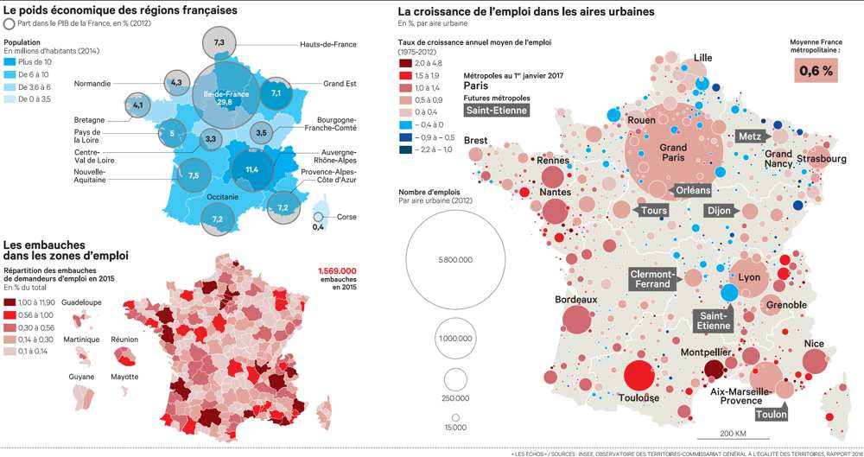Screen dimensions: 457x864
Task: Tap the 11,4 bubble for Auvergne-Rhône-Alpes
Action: [252, 169]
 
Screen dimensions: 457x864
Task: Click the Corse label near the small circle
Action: [346, 217]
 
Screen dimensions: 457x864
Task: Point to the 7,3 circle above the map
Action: [219, 42]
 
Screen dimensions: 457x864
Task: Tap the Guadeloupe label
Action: [81, 302]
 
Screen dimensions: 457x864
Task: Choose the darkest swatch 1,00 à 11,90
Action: [10, 302]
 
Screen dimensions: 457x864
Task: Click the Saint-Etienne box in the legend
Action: [496, 110]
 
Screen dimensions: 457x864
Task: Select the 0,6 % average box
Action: [816, 72]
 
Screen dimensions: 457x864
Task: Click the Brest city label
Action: [476, 140]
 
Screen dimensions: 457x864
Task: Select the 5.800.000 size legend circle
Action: [455, 258]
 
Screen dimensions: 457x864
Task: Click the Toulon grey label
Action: [772, 414]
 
